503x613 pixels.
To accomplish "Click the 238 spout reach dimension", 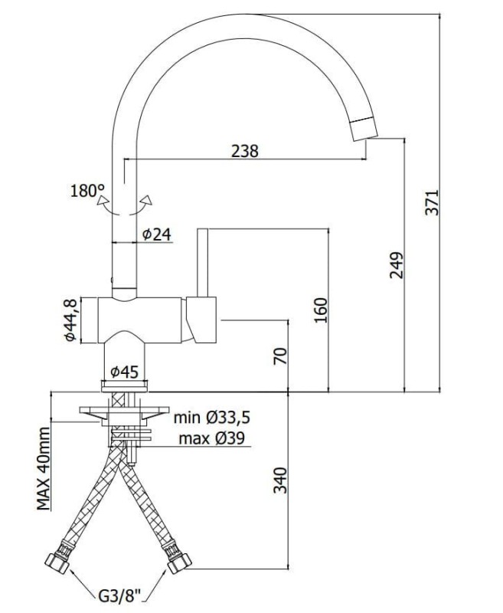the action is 245,151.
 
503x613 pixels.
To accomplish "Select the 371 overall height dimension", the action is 432,202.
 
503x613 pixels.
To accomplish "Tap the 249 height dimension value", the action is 397,265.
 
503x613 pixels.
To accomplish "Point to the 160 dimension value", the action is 321,310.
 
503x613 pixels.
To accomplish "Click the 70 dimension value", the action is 280,356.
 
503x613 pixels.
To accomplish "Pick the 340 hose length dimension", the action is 280,480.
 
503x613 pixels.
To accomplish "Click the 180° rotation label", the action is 87,191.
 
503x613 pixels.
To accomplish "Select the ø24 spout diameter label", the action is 157,234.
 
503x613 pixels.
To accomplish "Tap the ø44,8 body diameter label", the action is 70,320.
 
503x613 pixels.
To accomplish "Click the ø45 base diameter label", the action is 124,372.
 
